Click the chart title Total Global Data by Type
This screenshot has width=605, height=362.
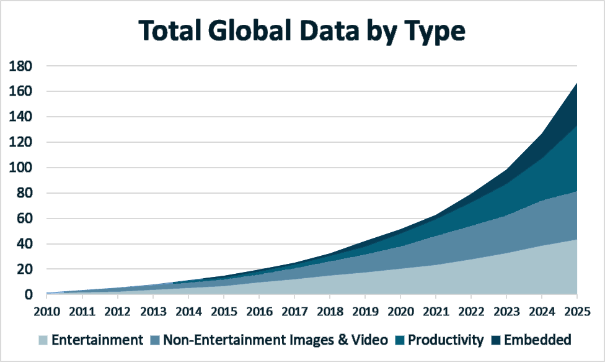301,30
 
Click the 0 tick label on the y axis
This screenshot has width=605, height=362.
29,295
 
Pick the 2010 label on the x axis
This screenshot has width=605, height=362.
46,310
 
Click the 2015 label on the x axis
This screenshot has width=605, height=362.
223,310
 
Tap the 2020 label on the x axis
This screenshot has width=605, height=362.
400,310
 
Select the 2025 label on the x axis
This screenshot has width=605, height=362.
576,310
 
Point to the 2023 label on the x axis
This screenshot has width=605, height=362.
506,310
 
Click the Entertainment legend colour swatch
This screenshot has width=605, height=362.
43,340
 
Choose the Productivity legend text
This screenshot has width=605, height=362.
446,340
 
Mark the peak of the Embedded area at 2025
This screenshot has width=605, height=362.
576,84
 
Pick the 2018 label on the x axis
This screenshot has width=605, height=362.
329,310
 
